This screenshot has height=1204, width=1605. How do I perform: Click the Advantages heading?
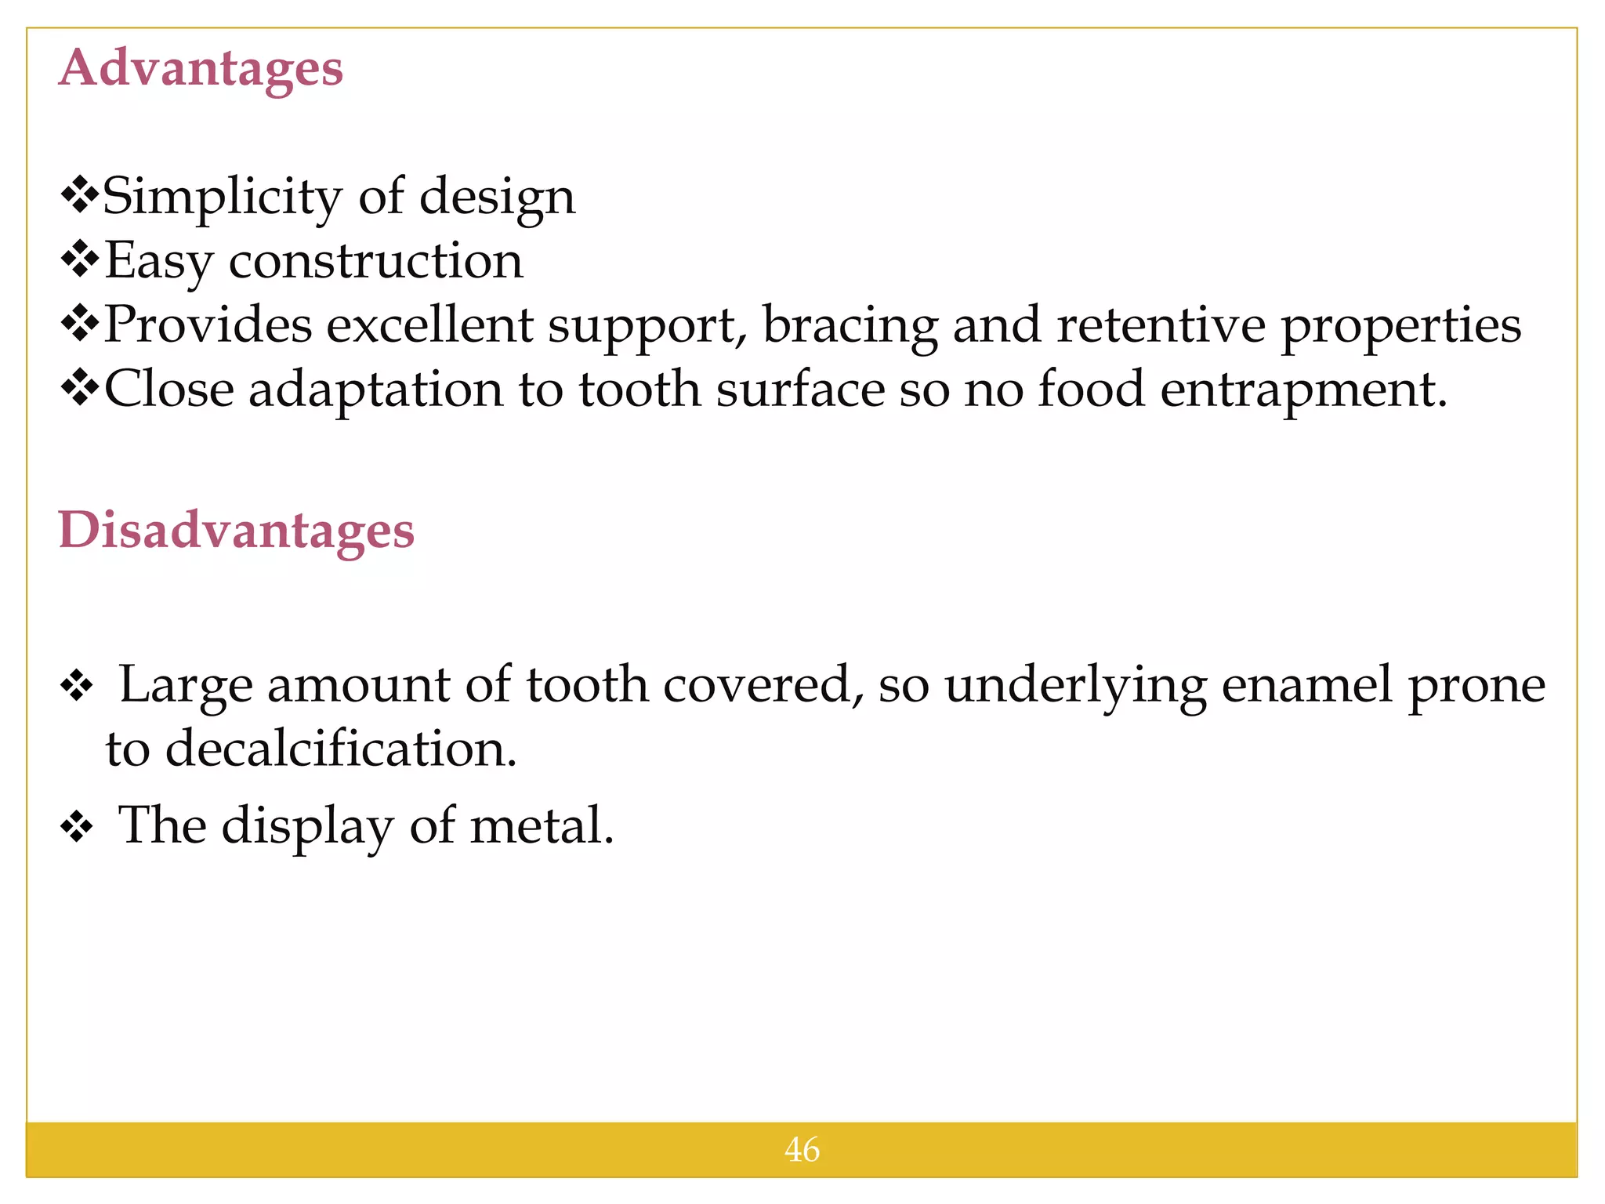tap(201, 69)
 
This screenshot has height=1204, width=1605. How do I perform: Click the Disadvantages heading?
tap(236, 531)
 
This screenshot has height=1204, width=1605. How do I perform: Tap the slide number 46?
tap(802, 1150)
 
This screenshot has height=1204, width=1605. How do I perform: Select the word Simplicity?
tap(223, 197)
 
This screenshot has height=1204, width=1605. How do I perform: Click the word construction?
tap(375, 261)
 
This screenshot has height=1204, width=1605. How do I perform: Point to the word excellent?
tap(429, 325)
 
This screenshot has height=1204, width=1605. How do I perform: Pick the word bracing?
tap(850, 326)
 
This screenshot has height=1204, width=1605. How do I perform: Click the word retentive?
tap(1160, 325)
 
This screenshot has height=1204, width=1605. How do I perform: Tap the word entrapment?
tap(1302, 390)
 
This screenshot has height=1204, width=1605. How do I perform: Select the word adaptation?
tap(375, 390)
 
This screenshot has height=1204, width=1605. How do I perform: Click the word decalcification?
tap(341, 749)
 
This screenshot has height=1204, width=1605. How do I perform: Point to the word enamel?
tap(1306, 685)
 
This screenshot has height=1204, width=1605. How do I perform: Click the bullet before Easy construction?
tap(80, 259)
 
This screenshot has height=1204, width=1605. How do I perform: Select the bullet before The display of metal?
tap(77, 826)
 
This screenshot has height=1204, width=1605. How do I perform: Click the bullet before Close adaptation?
tap(80, 388)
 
